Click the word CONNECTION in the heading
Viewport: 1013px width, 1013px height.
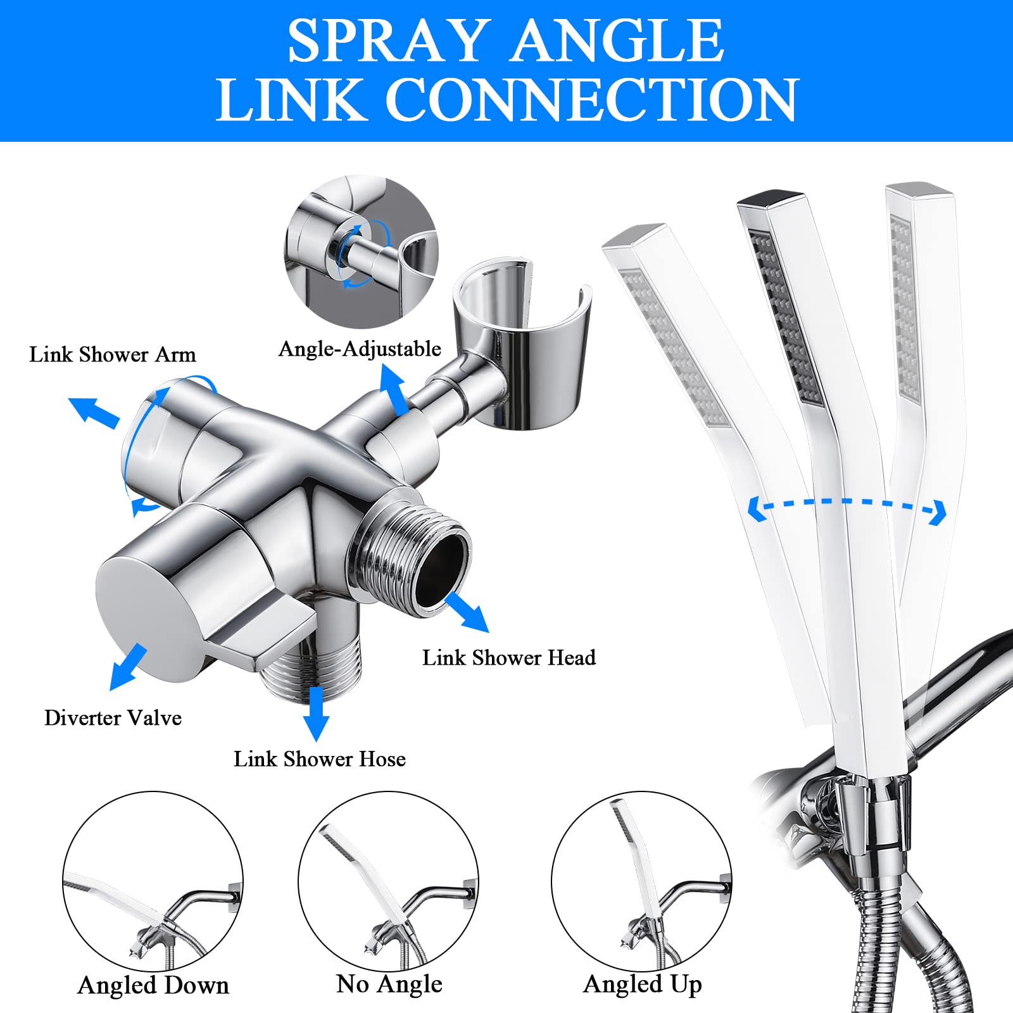pyautogui.click(x=591, y=99)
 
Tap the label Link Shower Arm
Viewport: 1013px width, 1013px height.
pyautogui.click(x=112, y=355)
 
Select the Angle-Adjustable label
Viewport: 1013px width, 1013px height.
pyautogui.click(x=360, y=349)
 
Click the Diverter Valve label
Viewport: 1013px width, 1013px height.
pyautogui.click(x=113, y=718)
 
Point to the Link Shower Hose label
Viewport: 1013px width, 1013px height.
pyautogui.click(x=319, y=759)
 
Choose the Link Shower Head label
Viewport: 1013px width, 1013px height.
pyautogui.click(x=508, y=658)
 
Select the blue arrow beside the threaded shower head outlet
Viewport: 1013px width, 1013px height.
pyautogui.click(x=467, y=612)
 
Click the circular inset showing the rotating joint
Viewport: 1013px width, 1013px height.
pyautogui.click(x=361, y=251)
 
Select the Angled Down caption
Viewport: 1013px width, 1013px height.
pyautogui.click(x=153, y=986)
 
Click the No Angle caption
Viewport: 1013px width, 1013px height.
pyautogui.click(x=389, y=985)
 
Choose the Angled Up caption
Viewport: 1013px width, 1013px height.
pyautogui.click(x=642, y=985)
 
